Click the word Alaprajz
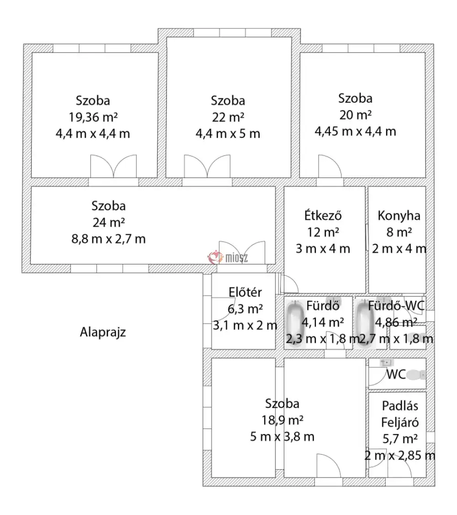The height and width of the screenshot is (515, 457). point(103,332)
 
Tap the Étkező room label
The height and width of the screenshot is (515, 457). point(323,216)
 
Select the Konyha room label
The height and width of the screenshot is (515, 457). point(399,216)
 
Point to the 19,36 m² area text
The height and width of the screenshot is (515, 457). point(93,117)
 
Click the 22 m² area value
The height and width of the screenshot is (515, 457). point(228,117)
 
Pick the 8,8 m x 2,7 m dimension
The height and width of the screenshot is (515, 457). point(108,239)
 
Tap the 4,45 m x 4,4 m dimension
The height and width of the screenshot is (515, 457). point(356,131)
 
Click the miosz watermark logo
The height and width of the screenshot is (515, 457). point(228,257)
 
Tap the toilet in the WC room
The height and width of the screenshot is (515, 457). point(416,375)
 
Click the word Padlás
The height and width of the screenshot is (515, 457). point(400,406)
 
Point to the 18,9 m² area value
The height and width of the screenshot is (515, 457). point(282,420)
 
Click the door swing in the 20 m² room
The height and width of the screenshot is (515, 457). point(329,166)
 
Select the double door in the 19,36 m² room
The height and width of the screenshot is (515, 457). point(113,166)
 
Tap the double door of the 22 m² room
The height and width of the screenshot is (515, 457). point(207,166)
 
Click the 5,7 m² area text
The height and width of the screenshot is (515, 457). point(400,439)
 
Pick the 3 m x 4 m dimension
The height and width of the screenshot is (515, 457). point(323,249)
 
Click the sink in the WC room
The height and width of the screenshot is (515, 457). point(386,363)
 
